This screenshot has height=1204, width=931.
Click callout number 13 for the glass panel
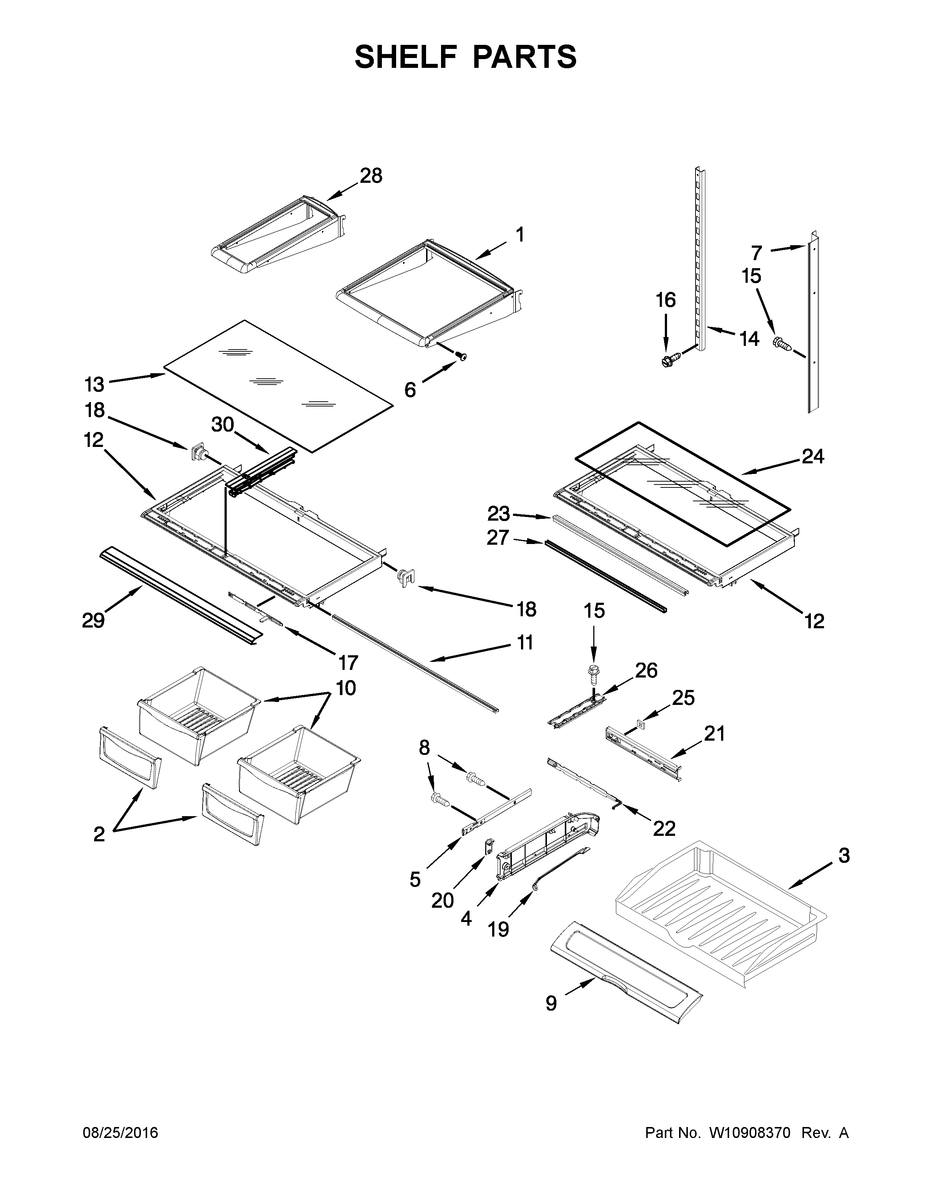click(94, 383)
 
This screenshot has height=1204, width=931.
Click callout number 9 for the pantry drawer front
click(551, 1003)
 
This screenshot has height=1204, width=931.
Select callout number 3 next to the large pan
click(844, 856)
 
